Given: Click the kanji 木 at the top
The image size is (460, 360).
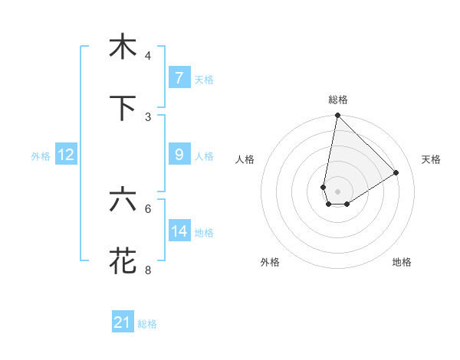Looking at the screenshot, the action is [122, 47].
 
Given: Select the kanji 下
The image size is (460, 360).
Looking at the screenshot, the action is [122, 108].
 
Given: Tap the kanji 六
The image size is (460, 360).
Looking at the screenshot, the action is [122, 200].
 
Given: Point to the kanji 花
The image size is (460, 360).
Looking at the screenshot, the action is [122, 260].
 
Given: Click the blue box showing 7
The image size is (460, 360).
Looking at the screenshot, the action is [179, 78].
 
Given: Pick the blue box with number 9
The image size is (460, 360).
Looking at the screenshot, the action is [179, 155].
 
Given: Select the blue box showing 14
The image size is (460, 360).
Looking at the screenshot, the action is [179, 231].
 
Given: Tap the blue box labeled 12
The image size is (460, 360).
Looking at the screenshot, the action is [65, 155].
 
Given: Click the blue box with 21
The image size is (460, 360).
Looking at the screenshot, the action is [123, 322].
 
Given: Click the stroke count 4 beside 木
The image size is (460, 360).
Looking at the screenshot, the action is [148, 56].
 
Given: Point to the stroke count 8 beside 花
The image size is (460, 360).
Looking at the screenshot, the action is [148, 270].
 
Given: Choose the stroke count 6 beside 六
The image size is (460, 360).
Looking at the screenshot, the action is [148, 208].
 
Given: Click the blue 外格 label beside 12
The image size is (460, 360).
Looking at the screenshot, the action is [41, 155].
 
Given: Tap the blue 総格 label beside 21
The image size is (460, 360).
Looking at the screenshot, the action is [147, 324].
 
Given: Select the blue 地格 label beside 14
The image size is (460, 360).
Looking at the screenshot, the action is [204, 232].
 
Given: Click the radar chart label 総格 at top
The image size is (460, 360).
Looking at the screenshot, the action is [338, 100].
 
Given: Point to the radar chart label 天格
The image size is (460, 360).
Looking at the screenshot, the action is [432, 159].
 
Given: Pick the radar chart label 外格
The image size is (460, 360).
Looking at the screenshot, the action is [270, 262].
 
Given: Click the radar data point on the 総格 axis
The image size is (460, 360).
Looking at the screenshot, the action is [337, 116].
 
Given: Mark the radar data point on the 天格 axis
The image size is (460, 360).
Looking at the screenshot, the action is [396, 173].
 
